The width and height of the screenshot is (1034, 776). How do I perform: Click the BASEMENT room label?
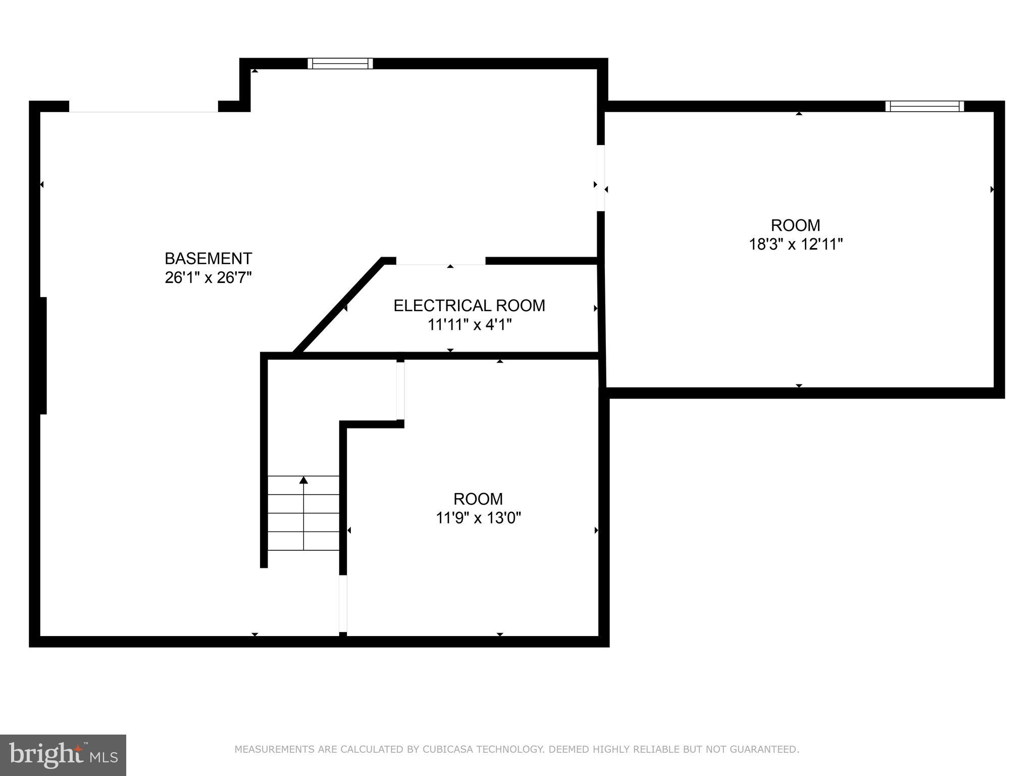coord(208,258)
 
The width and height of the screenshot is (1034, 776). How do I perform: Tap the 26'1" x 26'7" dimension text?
coord(208,278)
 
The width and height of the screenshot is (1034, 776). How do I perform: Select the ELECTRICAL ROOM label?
coord(469,306)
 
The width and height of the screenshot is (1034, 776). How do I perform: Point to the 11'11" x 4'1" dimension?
coord(470,325)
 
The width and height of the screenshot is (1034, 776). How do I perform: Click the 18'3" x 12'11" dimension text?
coord(796,245)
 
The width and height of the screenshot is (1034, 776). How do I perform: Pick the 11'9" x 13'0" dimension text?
coord(478,518)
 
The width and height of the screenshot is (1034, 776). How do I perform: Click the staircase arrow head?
coord(303,480)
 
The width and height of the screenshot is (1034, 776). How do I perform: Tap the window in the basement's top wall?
coord(340,63)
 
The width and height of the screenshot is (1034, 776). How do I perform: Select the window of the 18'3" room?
coord(924,106)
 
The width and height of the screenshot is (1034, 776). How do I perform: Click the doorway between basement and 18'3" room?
coord(600,178)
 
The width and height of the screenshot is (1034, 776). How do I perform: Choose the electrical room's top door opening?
coord(440,261)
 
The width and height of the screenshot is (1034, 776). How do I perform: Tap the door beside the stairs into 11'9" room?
coord(343,603)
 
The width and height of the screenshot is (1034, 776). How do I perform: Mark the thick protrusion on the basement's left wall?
coord(43,356)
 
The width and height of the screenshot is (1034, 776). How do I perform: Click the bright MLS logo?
coord(63,755)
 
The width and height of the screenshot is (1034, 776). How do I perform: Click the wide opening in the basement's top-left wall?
coord(143,107)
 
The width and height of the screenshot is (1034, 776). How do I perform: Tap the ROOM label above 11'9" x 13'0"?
coord(478,499)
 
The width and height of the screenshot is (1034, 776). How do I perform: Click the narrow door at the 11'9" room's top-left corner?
coord(400,391)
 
